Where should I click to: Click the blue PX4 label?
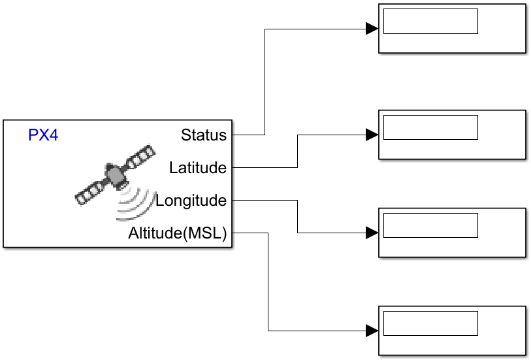pyautogui.click(x=43, y=135)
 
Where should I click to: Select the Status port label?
pyautogui.click(x=204, y=135)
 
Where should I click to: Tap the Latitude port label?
pyautogui.click(x=197, y=168)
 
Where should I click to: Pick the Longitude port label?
pyautogui.click(x=191, y=201)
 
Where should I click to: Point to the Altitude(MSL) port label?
pyautogui.click(x=177, y=233)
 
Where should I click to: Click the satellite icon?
pyautogui.click(x=116, y=174)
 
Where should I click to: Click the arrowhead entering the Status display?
pyautogui.click(x=372, y=29)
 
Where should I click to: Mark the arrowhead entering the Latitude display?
pyautogui.click(x=372, y=135)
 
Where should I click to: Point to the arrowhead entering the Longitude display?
pyautogui.click(x=372, y=233)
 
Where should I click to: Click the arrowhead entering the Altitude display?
pyautogui.click(x=372, y=331)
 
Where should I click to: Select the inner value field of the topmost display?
pyautogui.click(x=430, y=21)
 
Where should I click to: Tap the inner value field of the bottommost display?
pyautogui.click(x=430, y=323)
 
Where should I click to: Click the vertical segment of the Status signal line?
pyautogui.click(x=265, y=82)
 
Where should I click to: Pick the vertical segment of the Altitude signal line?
pyautogui.click(x=268, y=281)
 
